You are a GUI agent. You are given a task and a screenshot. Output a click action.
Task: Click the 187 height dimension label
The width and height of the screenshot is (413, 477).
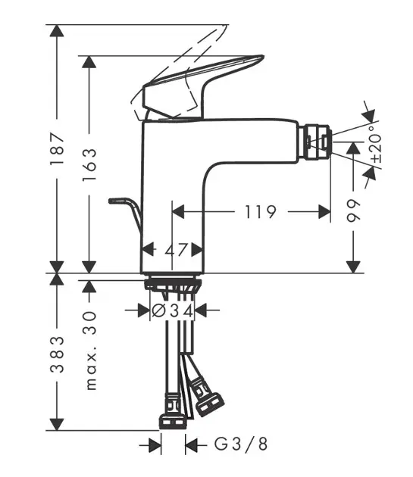(58, 148)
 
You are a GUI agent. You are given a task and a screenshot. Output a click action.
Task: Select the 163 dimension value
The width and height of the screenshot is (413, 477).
(89, 164)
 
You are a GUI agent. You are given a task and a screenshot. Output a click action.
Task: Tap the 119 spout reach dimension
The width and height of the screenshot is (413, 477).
(261, 212)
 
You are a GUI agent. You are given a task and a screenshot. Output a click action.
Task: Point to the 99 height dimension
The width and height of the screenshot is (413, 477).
(353, 210)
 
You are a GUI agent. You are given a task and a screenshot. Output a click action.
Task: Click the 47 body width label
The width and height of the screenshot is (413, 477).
(175, 250)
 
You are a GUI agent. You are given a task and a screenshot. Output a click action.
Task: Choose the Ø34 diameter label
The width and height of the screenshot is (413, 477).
(172, 310)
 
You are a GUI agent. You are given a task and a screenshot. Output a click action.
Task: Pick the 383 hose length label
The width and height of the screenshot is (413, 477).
(58, 354)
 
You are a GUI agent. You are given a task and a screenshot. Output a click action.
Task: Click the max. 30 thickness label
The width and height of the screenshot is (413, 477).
(90, 351)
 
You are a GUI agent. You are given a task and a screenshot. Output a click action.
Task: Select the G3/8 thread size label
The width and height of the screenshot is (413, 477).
(241, 444)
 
